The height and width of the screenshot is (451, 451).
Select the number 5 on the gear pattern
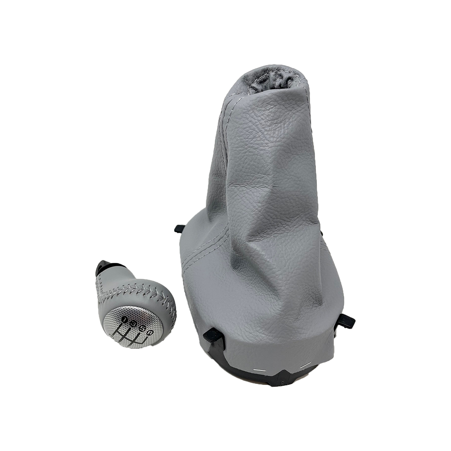pyautogui.click(x=142, y=328)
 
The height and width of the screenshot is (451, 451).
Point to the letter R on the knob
pyautogui.click(x=150, y=333)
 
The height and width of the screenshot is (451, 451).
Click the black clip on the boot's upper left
pyautogui.click(x=179, y=229)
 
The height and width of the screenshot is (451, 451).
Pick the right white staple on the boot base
pyautogui.click(x=306, y=364)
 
